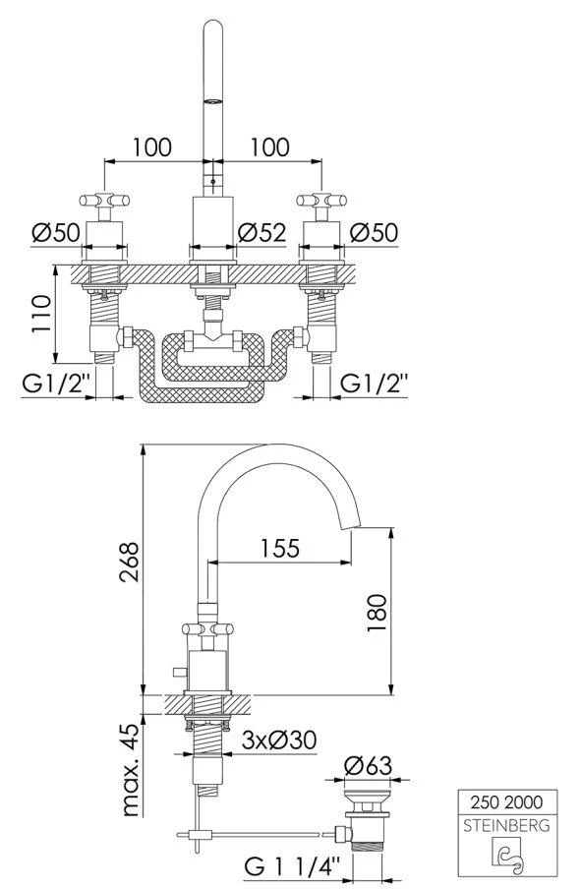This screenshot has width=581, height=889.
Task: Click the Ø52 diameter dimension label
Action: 261,232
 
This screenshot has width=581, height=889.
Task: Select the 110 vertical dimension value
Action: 41,314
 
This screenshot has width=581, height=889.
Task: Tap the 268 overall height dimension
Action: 130,562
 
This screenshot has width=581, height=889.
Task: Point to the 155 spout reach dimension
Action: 279,549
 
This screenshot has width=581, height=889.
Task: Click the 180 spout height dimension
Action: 377,613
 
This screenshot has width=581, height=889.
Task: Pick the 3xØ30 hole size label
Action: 279,740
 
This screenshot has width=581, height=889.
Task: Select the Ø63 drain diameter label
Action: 368,766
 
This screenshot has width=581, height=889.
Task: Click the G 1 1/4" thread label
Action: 293,865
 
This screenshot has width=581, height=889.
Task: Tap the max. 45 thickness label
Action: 130,769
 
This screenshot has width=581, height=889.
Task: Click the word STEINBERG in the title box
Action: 506,825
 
